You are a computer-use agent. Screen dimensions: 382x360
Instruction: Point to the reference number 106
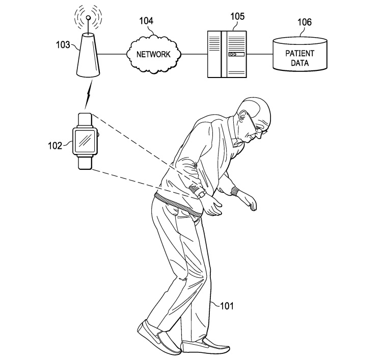305,22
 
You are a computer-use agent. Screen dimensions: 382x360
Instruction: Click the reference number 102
55,145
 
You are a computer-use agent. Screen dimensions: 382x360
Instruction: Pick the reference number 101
226,306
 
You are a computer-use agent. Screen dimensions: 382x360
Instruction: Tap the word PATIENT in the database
299,54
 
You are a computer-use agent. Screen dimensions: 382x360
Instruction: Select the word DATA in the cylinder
299,64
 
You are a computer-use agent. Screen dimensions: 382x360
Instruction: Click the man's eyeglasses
257,130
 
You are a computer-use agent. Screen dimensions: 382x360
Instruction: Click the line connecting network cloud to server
195,54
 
